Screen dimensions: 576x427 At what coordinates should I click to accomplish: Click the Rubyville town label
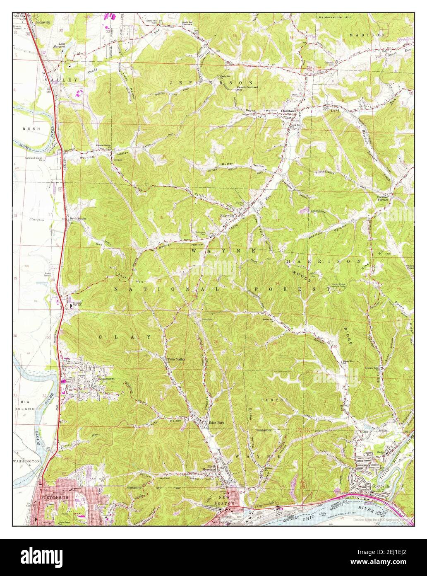point(227,215)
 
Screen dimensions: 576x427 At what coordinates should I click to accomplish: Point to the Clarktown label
point(290,111)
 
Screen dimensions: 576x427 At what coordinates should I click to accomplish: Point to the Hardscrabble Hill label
point(335,17)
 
